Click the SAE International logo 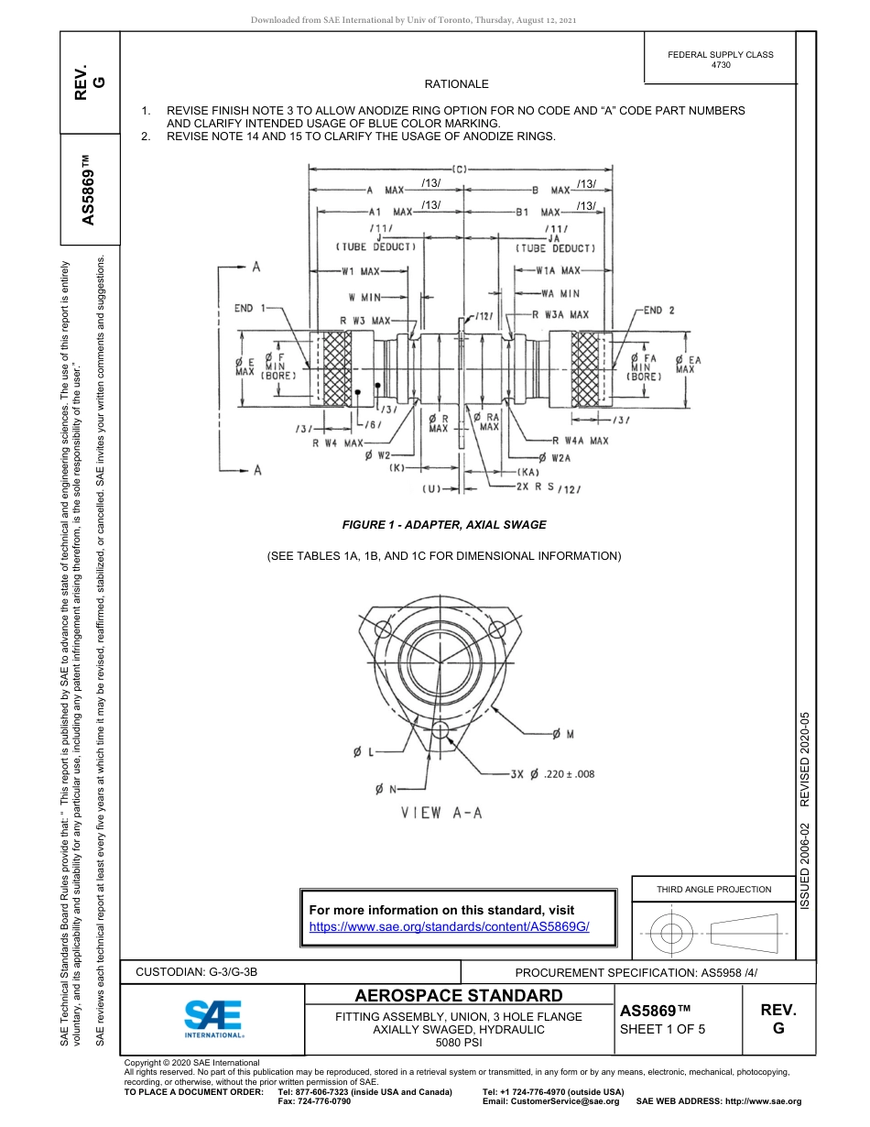[212, 1016]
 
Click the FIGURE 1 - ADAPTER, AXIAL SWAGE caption [444, 525]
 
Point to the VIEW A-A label [441, 812]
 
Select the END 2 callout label [658, 311]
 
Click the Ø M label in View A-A [562, 734]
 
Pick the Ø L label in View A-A [364, 752]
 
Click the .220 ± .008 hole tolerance [569, 774]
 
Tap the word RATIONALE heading [457, 84]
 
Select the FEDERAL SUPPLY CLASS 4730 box [721, 60]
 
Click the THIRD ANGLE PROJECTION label [713, 889]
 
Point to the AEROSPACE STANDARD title [458, 996]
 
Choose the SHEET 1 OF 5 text [663, 1029]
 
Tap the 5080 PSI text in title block [458, 1043]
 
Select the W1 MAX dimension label [361, 271]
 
